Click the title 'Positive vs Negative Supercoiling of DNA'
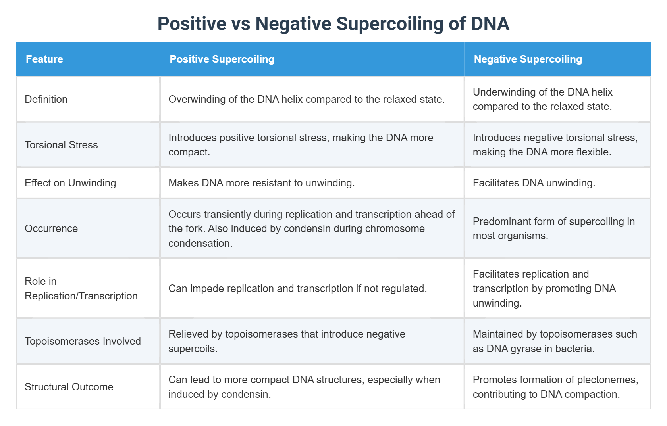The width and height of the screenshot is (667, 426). point(333,23)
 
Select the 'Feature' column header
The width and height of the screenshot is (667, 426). point(44,59)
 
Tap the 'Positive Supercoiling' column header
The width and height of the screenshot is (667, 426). point(222,59)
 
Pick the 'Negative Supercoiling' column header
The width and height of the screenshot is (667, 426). point(528,59)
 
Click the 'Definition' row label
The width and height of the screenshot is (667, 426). point(46,99)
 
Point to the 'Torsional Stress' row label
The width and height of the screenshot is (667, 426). point(61,145)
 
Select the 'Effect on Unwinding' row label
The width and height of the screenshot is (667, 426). point(70,183)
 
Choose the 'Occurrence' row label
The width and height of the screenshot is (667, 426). point(51,228)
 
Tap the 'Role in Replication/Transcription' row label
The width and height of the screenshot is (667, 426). point(81,288)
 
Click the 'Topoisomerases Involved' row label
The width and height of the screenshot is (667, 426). point(83,341)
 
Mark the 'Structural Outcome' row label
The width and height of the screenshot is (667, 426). point(69,387)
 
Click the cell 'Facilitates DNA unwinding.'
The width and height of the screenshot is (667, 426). point(534,183)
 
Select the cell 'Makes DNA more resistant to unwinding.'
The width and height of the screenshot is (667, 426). point(261,183)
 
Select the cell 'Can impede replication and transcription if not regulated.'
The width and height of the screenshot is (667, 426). point(297,288)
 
